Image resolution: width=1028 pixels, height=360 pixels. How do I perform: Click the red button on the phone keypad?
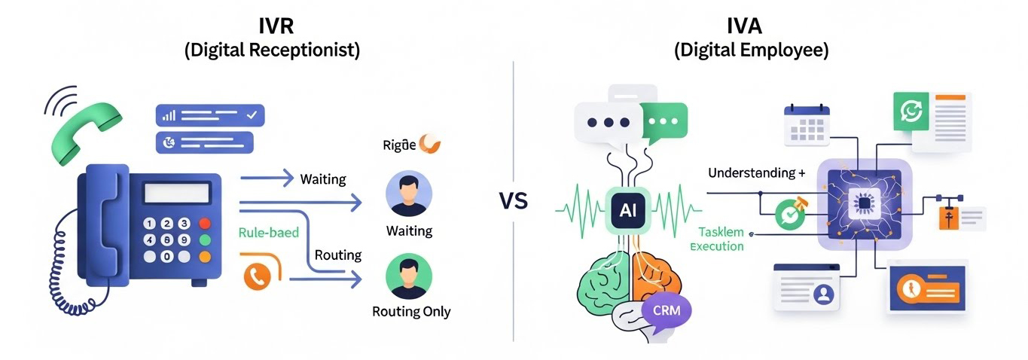[x=204, y=224]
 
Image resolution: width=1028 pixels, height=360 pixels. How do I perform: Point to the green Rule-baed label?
[x=268, y=233]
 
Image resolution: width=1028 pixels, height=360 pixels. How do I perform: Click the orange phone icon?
[x=258, y=276]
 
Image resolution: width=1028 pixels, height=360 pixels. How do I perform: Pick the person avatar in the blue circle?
[x=409, y=194]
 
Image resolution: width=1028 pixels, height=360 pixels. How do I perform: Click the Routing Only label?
[x=411, y=311]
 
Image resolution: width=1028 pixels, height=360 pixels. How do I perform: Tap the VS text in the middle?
[x=513, y=201]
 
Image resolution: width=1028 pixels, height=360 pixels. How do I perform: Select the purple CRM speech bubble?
[x=667, y=309]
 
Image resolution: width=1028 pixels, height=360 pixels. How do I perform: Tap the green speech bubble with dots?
[x=663, y=121]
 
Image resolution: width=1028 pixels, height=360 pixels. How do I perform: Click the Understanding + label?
[x=751, y=173]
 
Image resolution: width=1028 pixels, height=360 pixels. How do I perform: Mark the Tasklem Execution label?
[x=721, y=239]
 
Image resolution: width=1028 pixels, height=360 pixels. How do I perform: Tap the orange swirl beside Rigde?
[x=431, y=143]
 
